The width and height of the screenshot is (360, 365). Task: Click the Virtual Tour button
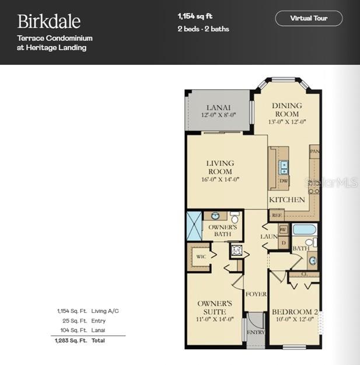[309, 18]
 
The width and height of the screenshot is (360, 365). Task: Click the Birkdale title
[49, 22]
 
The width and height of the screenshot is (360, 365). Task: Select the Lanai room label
[218, 107]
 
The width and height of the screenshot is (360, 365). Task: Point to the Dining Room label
[286, 110]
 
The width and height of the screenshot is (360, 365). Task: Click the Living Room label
[220, 167]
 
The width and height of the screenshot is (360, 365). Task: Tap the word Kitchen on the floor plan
[287, 200]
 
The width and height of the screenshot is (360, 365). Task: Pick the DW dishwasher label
[284, 182]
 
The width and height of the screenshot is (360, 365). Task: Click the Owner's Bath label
[223, 230]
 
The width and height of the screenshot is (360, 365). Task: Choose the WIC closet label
[201, 256]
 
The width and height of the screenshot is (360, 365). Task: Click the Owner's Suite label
[215, 307]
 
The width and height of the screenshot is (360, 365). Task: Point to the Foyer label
[256, 294]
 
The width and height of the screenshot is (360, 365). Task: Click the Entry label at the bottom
[256, 332]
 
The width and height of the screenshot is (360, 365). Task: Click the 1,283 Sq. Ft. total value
[71, 340]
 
